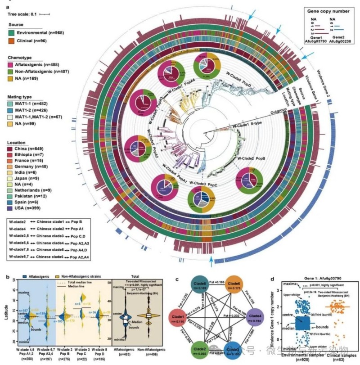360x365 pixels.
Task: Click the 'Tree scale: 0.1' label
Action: [x=21, y=14]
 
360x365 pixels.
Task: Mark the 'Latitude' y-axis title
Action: [x=4, y=311]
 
